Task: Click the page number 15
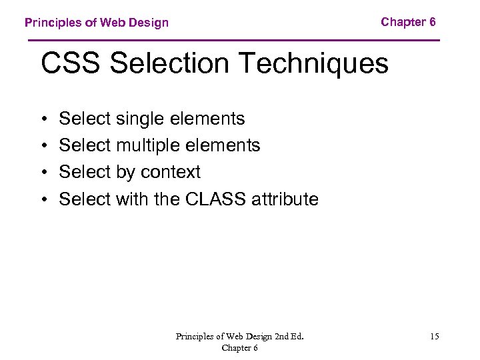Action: pos(434,337)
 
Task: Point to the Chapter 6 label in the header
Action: pos(408,22)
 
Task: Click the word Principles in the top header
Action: pos(53,23)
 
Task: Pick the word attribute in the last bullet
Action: pos(285,199)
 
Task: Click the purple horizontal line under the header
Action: pos(233,41)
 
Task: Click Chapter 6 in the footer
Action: pos(240,347)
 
